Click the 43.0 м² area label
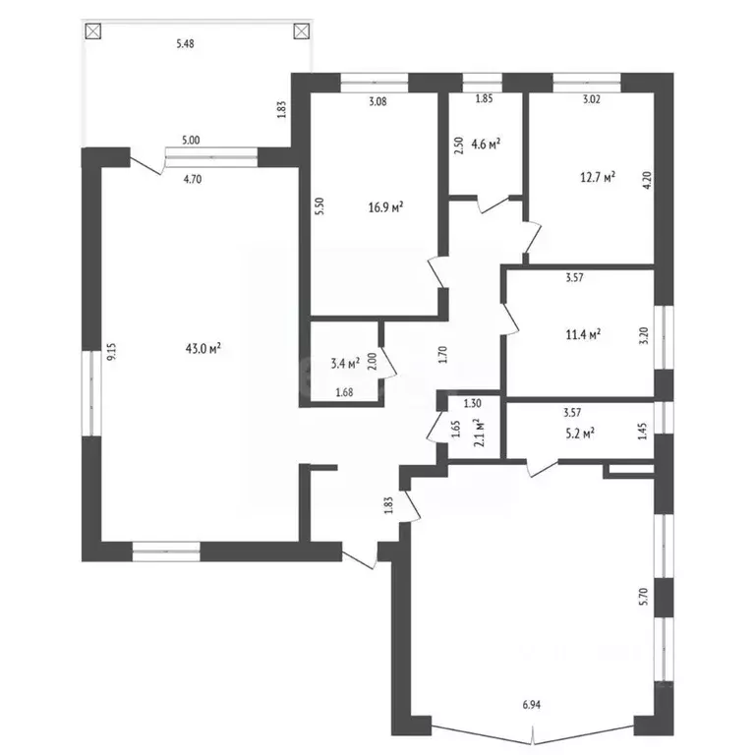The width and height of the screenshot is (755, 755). pyautogui.click(x=203, y=348)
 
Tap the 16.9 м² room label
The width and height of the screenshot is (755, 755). pyautogui.click(x=385, y=207)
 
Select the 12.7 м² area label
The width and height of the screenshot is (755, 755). pyautogui.click(x=598, y=177)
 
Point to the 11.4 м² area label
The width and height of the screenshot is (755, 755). pyautogui.click(x=583, y=333)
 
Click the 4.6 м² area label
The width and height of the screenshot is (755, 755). pyautogui.click(x=486, y=144)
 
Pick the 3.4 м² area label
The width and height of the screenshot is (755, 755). pyautogui.click(x=345, y=364)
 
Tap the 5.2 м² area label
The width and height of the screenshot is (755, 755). pyautogui.click(x=582, y=434)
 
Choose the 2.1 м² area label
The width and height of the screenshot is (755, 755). pyautogui.click(x=479, y=434)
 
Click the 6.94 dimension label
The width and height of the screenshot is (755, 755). pyautogui.click(x=532, y=705)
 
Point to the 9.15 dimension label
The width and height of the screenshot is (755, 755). pyautogui.click(x=112, y=352)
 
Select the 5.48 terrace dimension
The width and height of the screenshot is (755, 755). pyautogui.click(x=186, y=44)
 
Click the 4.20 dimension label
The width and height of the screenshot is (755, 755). pyautogui.click(x=647, y=181)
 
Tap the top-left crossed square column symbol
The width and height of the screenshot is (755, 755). pyautogui.click(x=93, y=31)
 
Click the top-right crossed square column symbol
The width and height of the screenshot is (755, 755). pyautogui.click(x=301, y=31)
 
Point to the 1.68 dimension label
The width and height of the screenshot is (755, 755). pyautogui.click(x=344, y=392)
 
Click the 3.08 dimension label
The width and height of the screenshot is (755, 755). pyautogui.click(x=377, y=101)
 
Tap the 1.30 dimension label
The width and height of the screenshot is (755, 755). pyautogui.click(x=472, y=403)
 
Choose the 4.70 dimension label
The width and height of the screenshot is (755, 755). pyautogui.click(x=193, y=180)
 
